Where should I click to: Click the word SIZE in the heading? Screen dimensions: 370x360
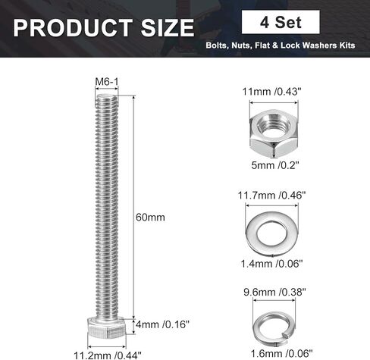(x=168, y=28)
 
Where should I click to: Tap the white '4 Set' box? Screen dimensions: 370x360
(x=281, y=22)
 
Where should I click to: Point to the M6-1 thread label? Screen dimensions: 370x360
(x=107, y=82)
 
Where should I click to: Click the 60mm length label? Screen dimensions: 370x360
(x=150, y=218)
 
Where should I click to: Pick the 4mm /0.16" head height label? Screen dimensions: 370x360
(x=162, y=324)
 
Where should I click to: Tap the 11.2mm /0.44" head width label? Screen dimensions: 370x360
(x=108, y=355)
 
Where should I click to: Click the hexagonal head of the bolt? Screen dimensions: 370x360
(x=107, y=327)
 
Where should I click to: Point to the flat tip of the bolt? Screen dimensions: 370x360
(x=107, y=96)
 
